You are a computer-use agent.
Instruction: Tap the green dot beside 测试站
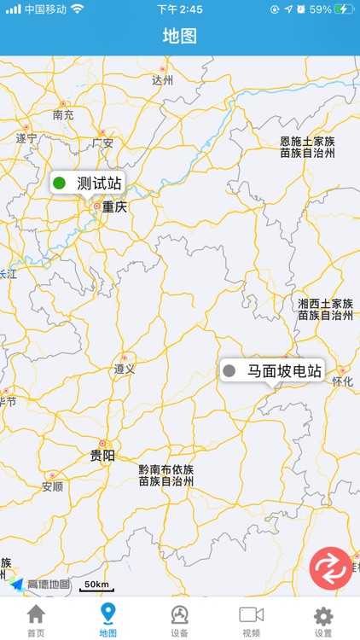(60, 183)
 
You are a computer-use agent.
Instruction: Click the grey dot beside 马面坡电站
(229, 371)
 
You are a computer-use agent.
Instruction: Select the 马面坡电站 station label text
(284, 371)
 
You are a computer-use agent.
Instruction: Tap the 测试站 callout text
(99, 183)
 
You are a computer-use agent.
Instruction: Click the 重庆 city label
(113, 207)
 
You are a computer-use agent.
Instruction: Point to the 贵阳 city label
(102, 456)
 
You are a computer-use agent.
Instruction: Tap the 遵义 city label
(124, 369)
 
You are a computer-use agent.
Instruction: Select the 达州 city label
(162, 80)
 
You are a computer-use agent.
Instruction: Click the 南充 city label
(63, 114)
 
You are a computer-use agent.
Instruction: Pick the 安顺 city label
(52, 487)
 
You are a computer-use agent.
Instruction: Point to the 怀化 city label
(343, 381)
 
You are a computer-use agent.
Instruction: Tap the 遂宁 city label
(26, 138)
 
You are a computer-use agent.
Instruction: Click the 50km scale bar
(96, 585)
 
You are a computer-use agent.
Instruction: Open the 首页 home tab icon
(36, 614)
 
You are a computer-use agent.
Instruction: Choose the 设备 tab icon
(179, 614)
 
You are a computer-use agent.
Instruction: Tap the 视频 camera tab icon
(251, 614)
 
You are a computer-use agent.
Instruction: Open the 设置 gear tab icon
(323, 614)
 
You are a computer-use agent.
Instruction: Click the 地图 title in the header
(180, 36)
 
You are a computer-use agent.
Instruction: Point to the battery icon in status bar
(344, 9)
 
